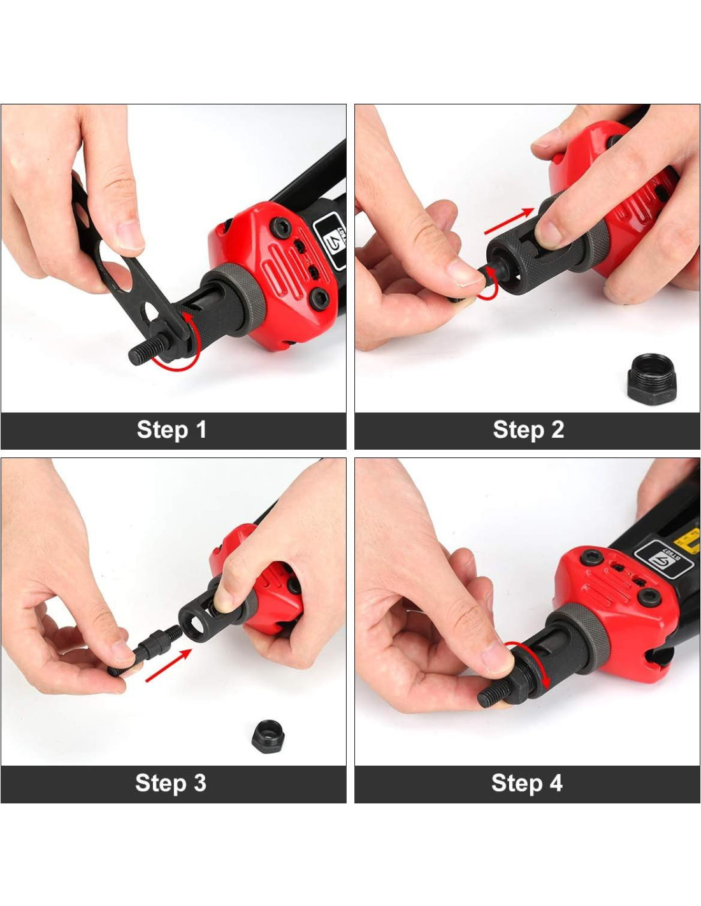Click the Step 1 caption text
click(x=171, y=430)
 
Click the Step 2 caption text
click(x=528, y=430)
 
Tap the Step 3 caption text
click(x=171, y=783)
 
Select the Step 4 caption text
click(x=527, y=783)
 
